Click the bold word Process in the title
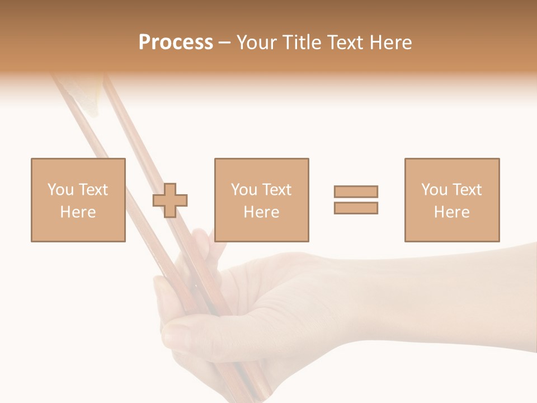pos(176,43)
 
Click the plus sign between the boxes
pos(170,200)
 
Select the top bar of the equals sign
pos(356,191)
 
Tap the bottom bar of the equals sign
pos(356,208)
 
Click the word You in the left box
pos(60,190)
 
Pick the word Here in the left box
pos(78,212)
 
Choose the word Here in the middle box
pos(261,212)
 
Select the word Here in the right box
pos(451,212)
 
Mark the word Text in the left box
pos(92,190)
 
